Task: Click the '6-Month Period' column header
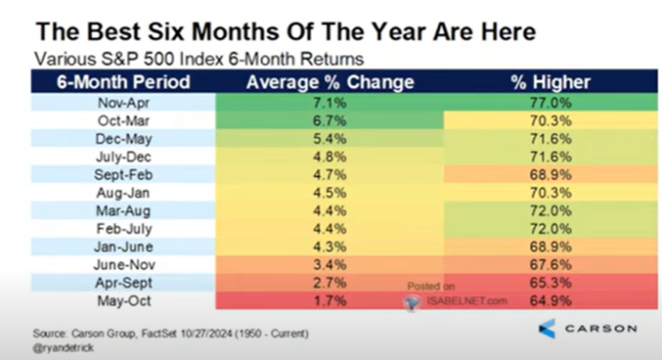[x=123, y=82]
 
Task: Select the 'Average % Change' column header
[x=330, y=82]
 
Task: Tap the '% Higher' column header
[x=551, y=82]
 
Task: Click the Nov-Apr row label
[x=123, y=102]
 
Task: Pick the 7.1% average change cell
[x=330, y=102]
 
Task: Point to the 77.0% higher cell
[x=551, y=102]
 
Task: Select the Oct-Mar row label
[x=123, y=120]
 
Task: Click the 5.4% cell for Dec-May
[x=330, y=139]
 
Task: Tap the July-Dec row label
[x=123, y=157]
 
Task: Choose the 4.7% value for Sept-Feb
[x=330, y=175]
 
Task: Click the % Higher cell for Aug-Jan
[x=551, y=192]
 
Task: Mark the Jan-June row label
[x=123, y=247]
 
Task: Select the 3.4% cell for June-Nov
[x=330, y=265]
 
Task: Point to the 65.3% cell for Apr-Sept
[x=551, y=282]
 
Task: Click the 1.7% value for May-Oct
[x=330, y=301]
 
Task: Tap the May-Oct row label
[x=124, y=301]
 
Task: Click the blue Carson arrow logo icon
[x=548, y=329]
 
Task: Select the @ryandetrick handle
[x=63, y=348]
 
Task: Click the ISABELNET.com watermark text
[x=467, y=301]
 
